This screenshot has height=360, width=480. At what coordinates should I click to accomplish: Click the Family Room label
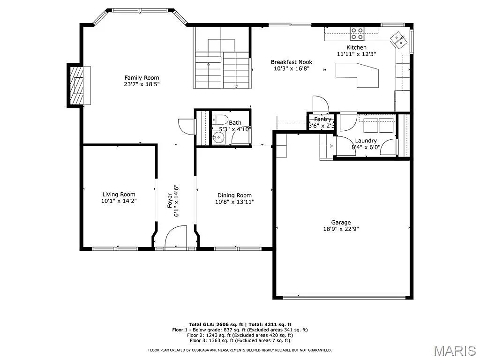click(142, 78)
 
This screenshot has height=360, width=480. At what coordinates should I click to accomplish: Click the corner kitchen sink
click(399, 40)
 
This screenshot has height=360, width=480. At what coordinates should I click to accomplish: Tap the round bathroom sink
click(217, 138)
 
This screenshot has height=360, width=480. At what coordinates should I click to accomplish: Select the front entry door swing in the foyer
click(178, 236)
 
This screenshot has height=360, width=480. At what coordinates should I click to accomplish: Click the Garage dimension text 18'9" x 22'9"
click(341, 229)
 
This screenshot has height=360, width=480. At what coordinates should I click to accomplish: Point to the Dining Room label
click(234, 195)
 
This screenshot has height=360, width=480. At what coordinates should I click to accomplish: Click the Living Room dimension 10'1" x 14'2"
click(119, 201)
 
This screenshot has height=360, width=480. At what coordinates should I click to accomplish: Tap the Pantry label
click(323, 120)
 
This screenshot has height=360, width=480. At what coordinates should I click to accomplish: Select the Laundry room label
click(366, 141)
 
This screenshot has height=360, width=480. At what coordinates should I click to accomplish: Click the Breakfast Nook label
click(291, 62)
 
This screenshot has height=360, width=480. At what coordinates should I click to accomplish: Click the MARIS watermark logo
click(455, 350)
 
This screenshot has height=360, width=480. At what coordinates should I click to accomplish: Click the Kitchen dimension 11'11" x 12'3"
click(356, 54)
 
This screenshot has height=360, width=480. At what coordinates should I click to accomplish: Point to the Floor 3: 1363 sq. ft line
click(240, 341)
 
